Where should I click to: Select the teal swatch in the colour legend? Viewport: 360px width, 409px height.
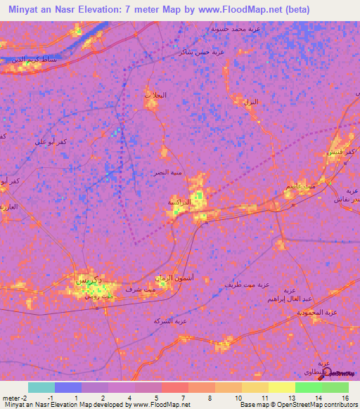point(41,387)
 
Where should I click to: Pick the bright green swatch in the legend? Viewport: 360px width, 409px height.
point(308,387)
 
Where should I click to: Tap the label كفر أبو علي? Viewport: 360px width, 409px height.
point(51,142)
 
